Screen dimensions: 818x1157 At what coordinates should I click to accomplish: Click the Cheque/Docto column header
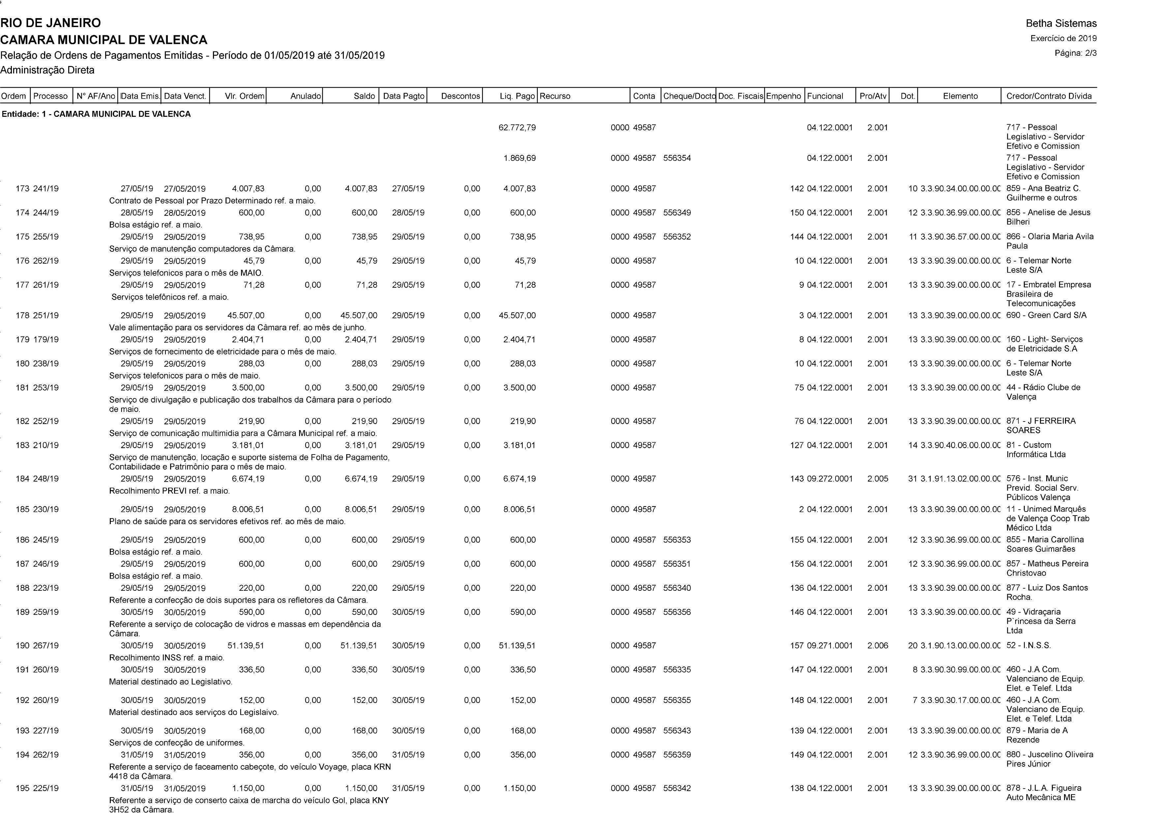coord(688,96)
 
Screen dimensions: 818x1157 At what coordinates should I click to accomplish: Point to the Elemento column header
coord(959,96)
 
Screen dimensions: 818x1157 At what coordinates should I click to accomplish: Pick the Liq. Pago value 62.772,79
coord(517,128)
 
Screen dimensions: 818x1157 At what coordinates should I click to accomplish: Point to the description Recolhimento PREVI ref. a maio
coord(169,491)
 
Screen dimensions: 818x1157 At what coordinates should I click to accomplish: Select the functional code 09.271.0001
coord(830,645)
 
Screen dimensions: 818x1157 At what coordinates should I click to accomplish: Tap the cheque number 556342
coord(677,788)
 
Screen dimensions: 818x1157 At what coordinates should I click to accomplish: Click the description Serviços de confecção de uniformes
coord(176,743)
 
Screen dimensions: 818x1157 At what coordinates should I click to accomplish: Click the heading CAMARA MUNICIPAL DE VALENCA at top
coord(104,40)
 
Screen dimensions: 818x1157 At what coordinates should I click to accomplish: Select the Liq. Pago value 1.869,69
coord(520,158)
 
